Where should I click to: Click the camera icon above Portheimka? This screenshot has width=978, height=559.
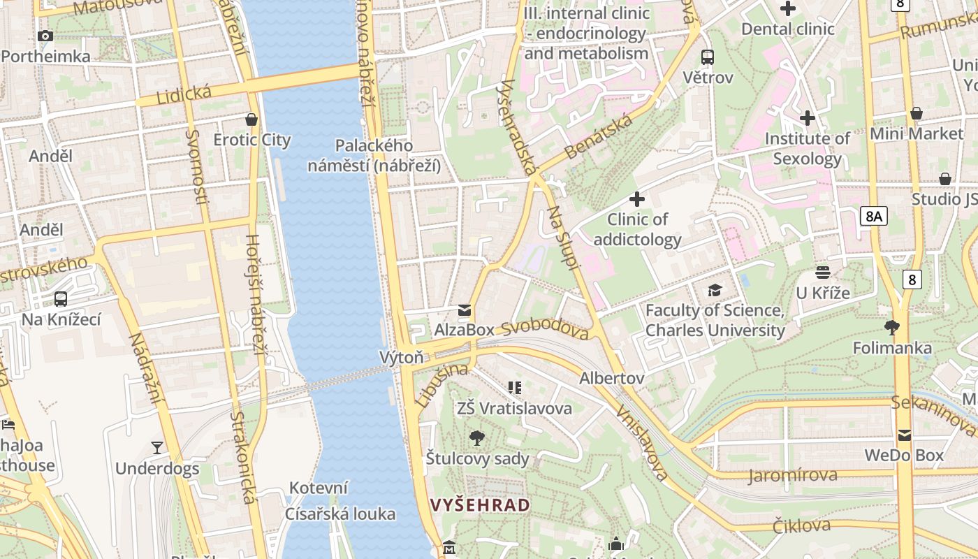click(x=45, y=36)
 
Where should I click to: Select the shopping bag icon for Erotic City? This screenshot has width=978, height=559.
click(x=251, y=119)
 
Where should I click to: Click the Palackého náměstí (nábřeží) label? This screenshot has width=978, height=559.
click(x=374, y=156)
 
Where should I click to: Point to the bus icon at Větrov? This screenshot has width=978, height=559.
click(x=708, y=57)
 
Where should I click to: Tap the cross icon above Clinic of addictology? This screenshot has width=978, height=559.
click(x=636, y=199)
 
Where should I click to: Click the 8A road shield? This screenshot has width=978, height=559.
click(x=873, y=216)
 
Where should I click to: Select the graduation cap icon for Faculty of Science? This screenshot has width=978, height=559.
click(x=715, y=290)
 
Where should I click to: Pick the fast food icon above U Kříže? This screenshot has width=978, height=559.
click(x=823, y=273)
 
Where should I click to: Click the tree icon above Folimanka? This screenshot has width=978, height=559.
click(x=892, y=327)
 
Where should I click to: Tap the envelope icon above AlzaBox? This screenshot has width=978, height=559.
click(x=465, y=310)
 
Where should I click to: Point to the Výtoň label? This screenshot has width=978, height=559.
click(x=401, y=357)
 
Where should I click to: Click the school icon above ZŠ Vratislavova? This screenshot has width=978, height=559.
click(x=515, y=388)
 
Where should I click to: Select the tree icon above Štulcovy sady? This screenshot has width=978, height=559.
click(x=477, y=438)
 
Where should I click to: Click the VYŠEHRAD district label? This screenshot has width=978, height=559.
click(x=480, y=505)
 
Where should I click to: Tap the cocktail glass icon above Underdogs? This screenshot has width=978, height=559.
click(x=157, y=448)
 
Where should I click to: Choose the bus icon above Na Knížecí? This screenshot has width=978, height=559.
click(x=61, y=299)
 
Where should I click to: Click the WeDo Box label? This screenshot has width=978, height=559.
click(x=904, y=456)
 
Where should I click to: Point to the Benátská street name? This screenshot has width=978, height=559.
click(x=599, y=136)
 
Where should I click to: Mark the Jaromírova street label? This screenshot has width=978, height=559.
click(x=792, y=476)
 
